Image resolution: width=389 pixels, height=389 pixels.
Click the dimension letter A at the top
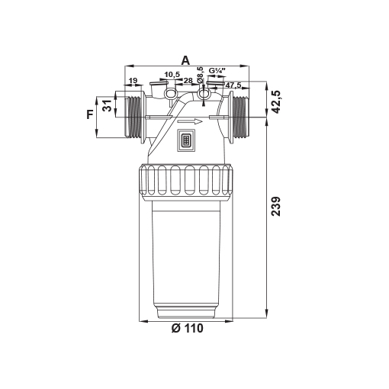click(x=185, y=61)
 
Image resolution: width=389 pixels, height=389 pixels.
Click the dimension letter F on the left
click(x=90, y=114)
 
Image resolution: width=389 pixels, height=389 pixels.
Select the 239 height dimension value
click(x=275, y=206)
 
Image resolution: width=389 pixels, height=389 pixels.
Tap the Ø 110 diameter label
click(x=188, y=328)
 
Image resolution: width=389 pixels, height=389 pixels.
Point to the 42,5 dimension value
click(x=275, y=101)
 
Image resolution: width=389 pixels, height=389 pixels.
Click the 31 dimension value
click(x=108, y=105)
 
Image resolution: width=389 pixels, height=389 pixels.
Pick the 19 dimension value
click(x=133, y=81)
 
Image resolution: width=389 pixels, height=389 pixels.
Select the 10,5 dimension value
click(x=172, y=75)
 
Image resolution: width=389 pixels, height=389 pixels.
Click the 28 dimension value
click(x=188, y=81)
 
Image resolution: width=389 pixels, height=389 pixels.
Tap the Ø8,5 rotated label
click(x=201, y=75)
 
